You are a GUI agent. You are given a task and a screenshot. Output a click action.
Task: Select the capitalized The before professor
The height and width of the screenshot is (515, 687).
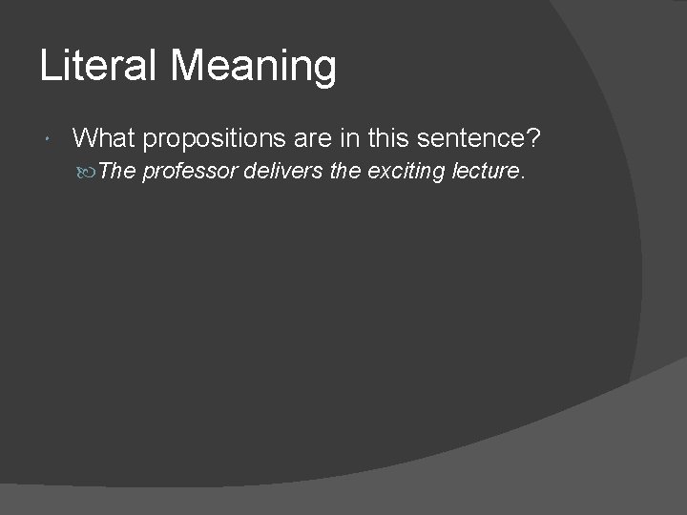point(117,172)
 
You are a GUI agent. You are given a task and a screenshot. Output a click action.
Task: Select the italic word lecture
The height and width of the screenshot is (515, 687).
point(484,172)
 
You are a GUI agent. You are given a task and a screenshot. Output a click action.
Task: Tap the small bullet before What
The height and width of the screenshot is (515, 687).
point(49,141)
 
